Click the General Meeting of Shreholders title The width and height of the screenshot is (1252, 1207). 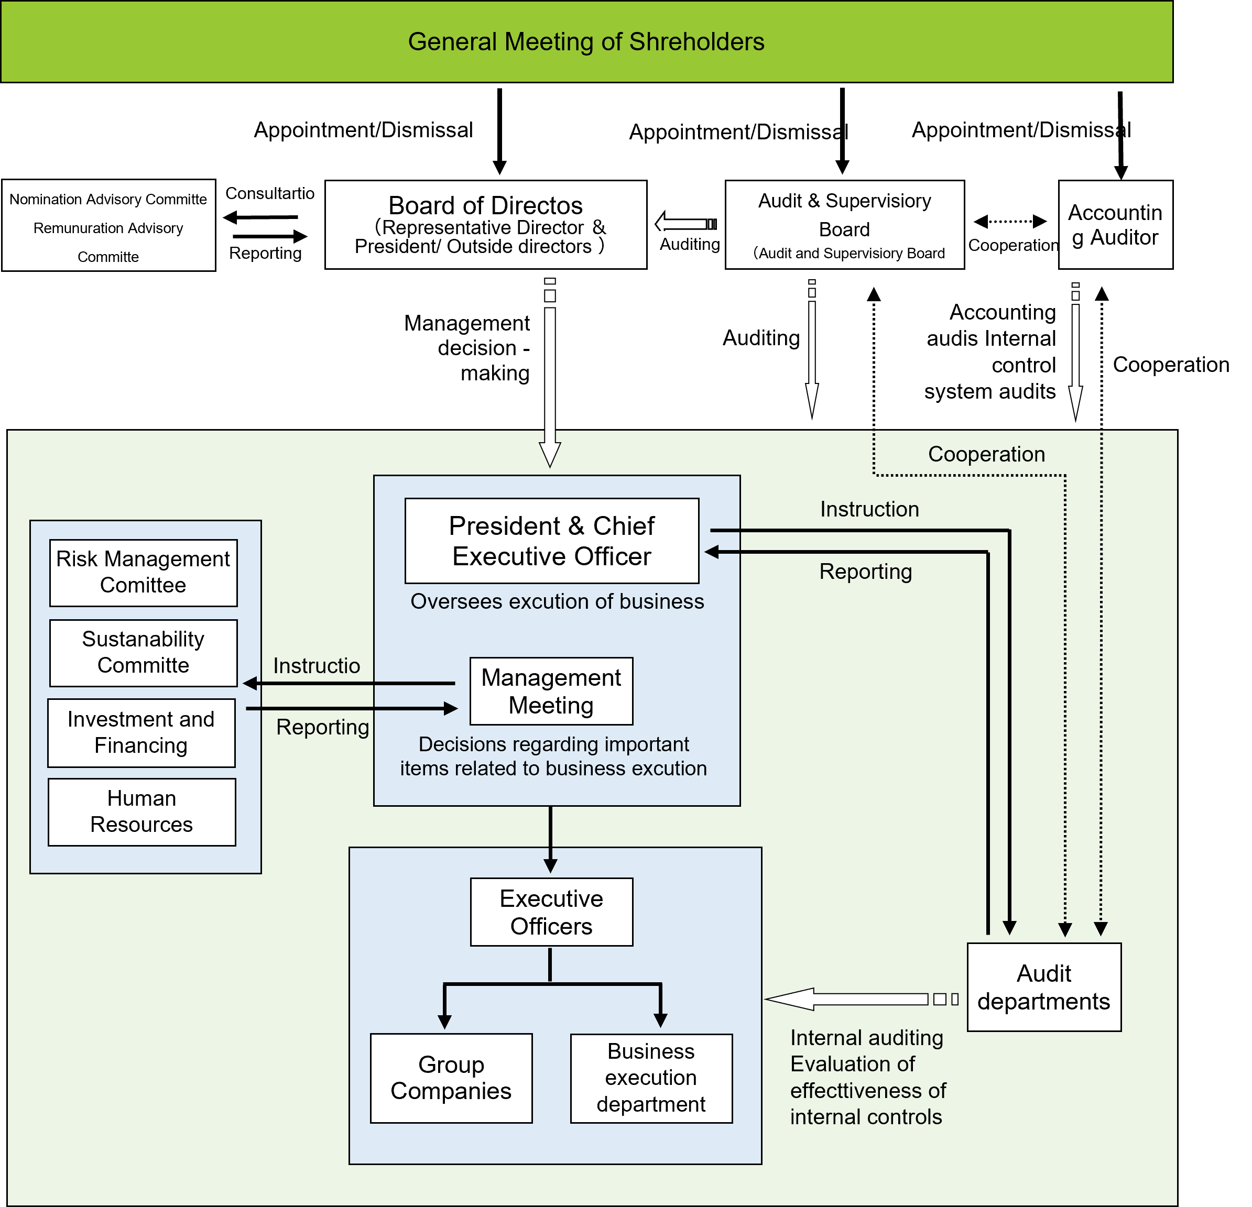586,41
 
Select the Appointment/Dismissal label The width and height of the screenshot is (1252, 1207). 364,130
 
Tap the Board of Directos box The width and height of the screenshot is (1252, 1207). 485,224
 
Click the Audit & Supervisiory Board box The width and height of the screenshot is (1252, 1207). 844,224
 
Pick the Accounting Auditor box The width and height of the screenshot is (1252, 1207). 1115,224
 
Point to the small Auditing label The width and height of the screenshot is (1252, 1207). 689,245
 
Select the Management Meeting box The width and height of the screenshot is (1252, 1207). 551,691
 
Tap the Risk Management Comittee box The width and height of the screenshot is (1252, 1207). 143,572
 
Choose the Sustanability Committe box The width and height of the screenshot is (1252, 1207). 143,652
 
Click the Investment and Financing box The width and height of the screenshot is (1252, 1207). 141,732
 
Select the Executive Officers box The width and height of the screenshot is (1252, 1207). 551,912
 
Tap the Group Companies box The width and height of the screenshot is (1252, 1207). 451,1078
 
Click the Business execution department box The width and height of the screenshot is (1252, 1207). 651,1078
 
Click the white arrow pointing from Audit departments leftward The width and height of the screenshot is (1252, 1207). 850,1000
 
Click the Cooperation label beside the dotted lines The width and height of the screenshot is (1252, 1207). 986,454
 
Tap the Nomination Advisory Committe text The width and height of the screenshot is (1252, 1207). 108,199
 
